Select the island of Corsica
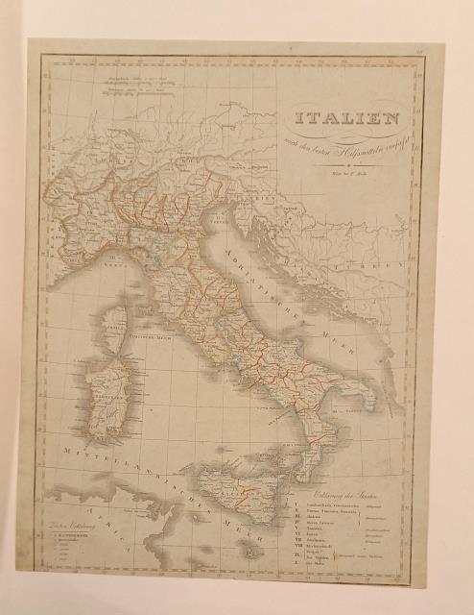pyautogui.click(x=115, y=328)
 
